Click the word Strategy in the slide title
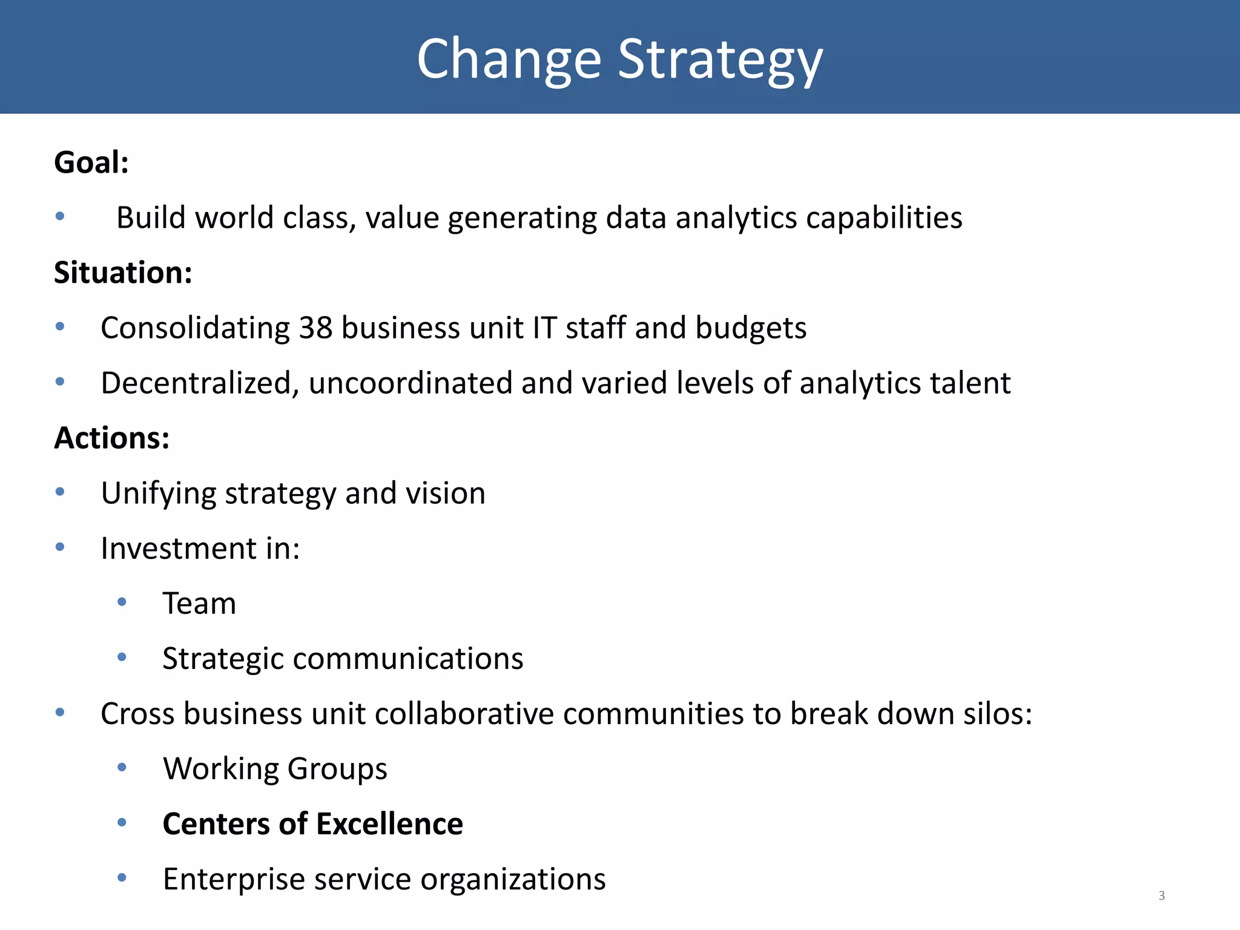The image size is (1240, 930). (720, 59)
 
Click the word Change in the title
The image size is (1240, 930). (509, 59)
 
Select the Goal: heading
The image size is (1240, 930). (91, 162)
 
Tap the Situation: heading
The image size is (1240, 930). (123, 272)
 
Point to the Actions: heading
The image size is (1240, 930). (112, 438)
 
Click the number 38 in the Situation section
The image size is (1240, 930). (315, 328)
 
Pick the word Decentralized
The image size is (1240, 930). (200, 383)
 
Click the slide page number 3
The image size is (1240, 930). (1161, 895)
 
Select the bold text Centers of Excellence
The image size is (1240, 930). (312, 823)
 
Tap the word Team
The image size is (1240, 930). (199, 603)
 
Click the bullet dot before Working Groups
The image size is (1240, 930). (122, 767)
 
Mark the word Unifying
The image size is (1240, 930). (159, 493)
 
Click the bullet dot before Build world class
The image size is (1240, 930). (60, 216)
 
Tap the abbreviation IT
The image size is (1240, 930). (544, 328)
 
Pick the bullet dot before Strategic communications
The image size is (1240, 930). (122, 657)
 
